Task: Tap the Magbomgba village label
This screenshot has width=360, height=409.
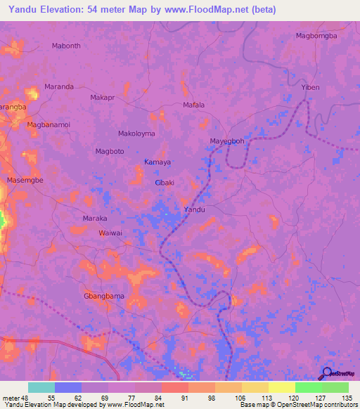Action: (x=316, y=35)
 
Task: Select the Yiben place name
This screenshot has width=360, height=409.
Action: (x=310, y=87)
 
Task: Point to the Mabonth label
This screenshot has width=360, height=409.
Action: (x=67, y=46)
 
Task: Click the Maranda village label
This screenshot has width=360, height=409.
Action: (x=59, y=86)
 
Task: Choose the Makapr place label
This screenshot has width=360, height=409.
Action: (x=103, y=98)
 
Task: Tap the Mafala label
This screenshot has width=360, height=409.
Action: (x=193, y=105)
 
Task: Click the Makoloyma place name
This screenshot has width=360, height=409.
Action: (x=136, y=134)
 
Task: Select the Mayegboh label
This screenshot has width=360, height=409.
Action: (x=227, y=141)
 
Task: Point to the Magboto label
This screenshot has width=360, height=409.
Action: (x=109, y=151)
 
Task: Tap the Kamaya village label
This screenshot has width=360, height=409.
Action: (x=157, y=162)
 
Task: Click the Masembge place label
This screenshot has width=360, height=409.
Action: (x=25, y=181)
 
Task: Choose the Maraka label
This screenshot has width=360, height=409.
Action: (x=95, y=219)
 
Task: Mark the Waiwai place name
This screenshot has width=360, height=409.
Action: (x=110, y=233)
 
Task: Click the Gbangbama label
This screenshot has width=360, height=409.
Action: (x=104, y=296)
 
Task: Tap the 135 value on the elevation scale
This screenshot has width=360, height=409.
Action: (x=346, y=398)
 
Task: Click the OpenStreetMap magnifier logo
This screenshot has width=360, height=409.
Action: (x=327, y=373)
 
